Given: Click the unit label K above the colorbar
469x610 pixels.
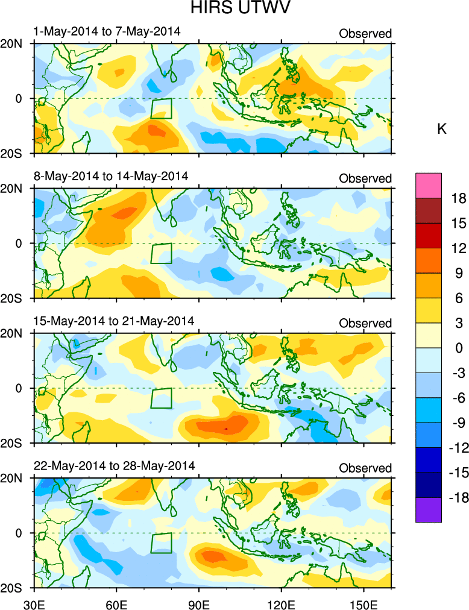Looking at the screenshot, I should pyautogui.click(x=441, y=129).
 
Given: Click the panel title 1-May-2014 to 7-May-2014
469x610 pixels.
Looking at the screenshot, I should pyautogui.click(x=107, y=31).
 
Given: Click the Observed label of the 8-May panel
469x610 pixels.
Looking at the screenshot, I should pyautogui.click(x=365, y=178).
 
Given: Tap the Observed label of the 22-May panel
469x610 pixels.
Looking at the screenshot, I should pyautogui.click(x=365, y=468).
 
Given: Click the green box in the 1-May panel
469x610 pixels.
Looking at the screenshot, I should pyautogui.click(x=161, y=108).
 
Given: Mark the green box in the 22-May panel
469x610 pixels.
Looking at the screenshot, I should pyautogui.click(x=161, y=543).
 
